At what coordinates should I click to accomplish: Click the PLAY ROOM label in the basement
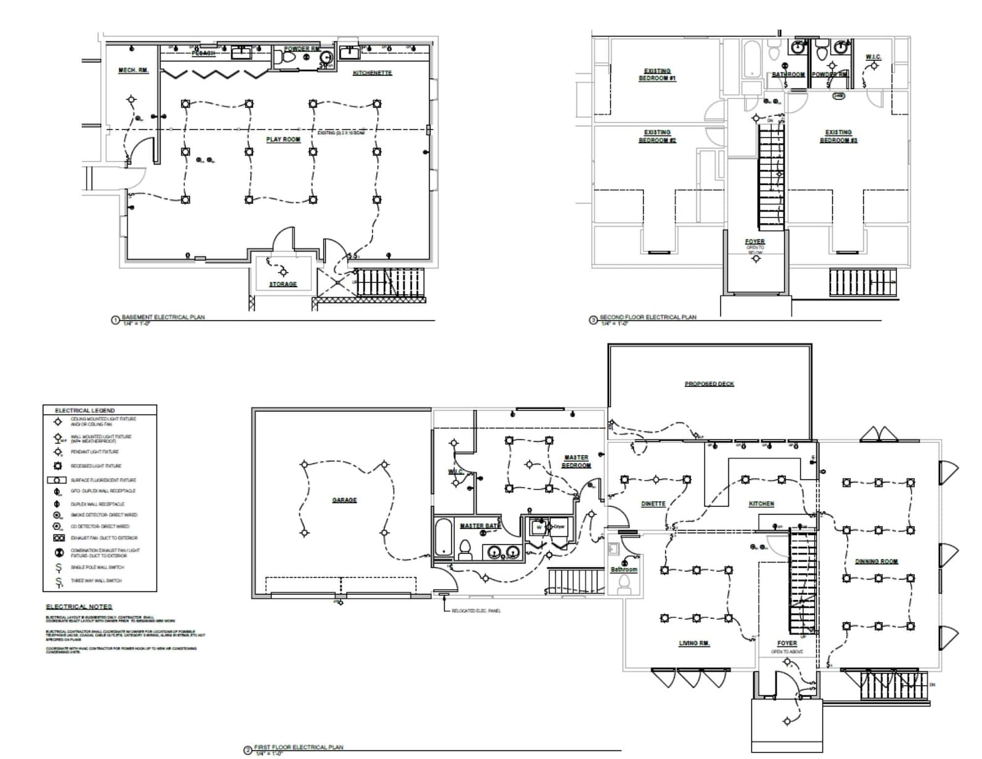(x=283, y=139)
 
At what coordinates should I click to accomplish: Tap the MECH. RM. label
(x=134, y=71)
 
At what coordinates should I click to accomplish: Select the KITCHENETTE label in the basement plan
(x=372, y=73)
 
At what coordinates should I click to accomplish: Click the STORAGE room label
(x=283, y=284)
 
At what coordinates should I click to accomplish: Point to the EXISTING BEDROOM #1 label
(x=657, y=75)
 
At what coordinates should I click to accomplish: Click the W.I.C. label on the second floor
(x=873, y=58)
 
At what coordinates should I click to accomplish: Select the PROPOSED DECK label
(x=709, y=384)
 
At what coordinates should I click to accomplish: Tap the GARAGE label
(x=344, y=500)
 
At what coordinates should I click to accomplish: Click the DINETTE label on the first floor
(x=653, y=504)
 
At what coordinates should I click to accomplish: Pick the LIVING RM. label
(x=694, y=643)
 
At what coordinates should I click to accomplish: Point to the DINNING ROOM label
(x=876, y=562)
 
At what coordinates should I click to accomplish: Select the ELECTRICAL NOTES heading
(x=79, y=607)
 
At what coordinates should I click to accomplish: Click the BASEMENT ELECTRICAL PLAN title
(x=163, y=317)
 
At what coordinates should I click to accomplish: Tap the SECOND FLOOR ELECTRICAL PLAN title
(x=647, y=317)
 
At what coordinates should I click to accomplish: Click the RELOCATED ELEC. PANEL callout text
(x=476, y=611)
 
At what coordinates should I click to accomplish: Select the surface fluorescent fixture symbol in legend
(x=58, y=480)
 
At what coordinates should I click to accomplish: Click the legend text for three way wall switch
(x=96, y=581)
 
